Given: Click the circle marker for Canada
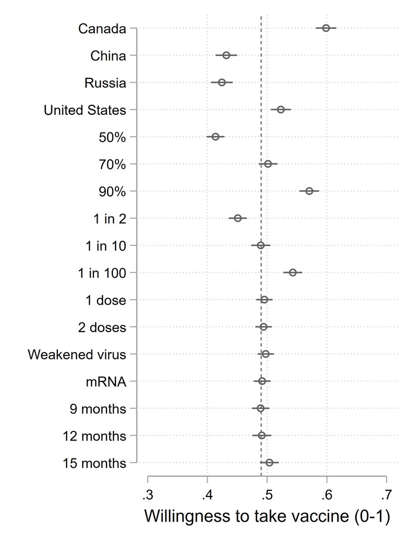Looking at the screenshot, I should pyautogui.click(x=326, y=28).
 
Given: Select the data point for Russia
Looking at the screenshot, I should pyautogui.click(x=222, y=82).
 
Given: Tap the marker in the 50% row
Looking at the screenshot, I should pyautogui.click(x=216, y=137).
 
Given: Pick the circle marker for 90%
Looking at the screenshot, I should pyautogui.click(x=309, y=191).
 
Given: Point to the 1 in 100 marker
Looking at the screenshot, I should pyautogui.click(x=293, y=273).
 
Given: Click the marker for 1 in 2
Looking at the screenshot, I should pyautogui.click(x=238, y=218).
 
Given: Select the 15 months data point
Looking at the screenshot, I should pyautogui.click(x=269, y=463).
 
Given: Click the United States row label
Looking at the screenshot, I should pyautogui.click(x=85, y=110).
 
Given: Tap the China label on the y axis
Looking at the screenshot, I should pyautogui.click(x=108, y=56).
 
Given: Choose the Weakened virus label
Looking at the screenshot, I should pyautogui.click(x=76, y=355).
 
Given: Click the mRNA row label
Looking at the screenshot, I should pyautogui.click(x=106, y=382).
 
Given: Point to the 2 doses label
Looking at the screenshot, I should pyautogui.click(x=101, y=327).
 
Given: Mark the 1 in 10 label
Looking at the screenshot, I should pyautogui.click(x=105, y=246).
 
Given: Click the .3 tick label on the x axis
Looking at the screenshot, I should pyautogui.click(x=147, y=495).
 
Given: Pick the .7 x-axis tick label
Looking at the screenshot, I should pyautogui.click(x=386, y=495).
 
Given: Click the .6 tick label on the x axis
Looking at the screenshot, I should pyautogui.click(x=326, y=495).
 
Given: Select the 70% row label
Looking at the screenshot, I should pyautogui.click(x=112, y=164).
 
